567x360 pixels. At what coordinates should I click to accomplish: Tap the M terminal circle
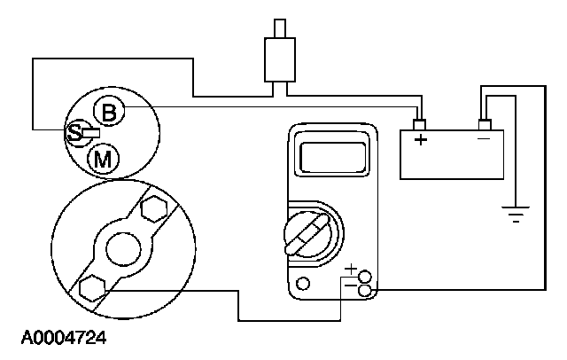click(103, 159)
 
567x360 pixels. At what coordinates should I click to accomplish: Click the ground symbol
click(515, 213)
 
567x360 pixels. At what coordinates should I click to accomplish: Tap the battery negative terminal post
click(484, 124)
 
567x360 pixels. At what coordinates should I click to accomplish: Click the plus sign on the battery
click(421, 139)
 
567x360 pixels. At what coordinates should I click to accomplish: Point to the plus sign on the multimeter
click(352, 267)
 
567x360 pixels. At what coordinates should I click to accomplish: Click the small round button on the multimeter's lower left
click(304, 284)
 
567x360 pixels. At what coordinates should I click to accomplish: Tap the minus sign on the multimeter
click(351, 286)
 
